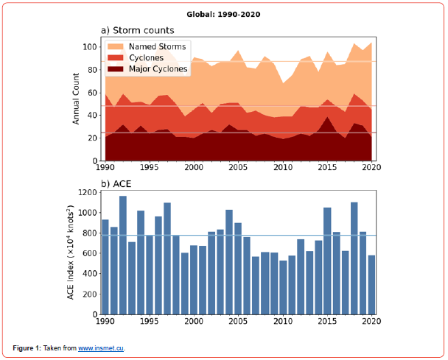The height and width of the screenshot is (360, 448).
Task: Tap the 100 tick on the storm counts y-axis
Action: point(91,47)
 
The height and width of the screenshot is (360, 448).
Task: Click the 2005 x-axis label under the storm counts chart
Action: point(239,168)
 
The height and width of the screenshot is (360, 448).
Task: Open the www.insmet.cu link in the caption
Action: point(102,347)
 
